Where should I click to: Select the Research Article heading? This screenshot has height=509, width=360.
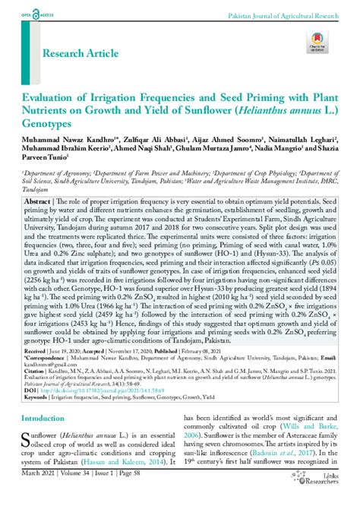81,54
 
